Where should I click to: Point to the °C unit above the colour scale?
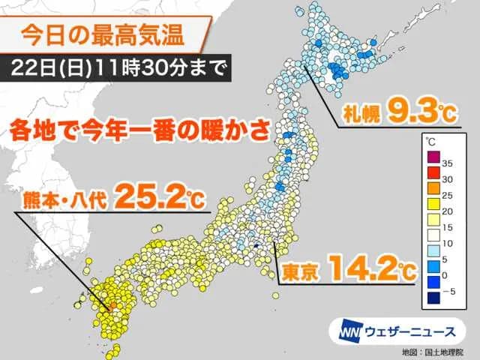pos(430,141)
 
